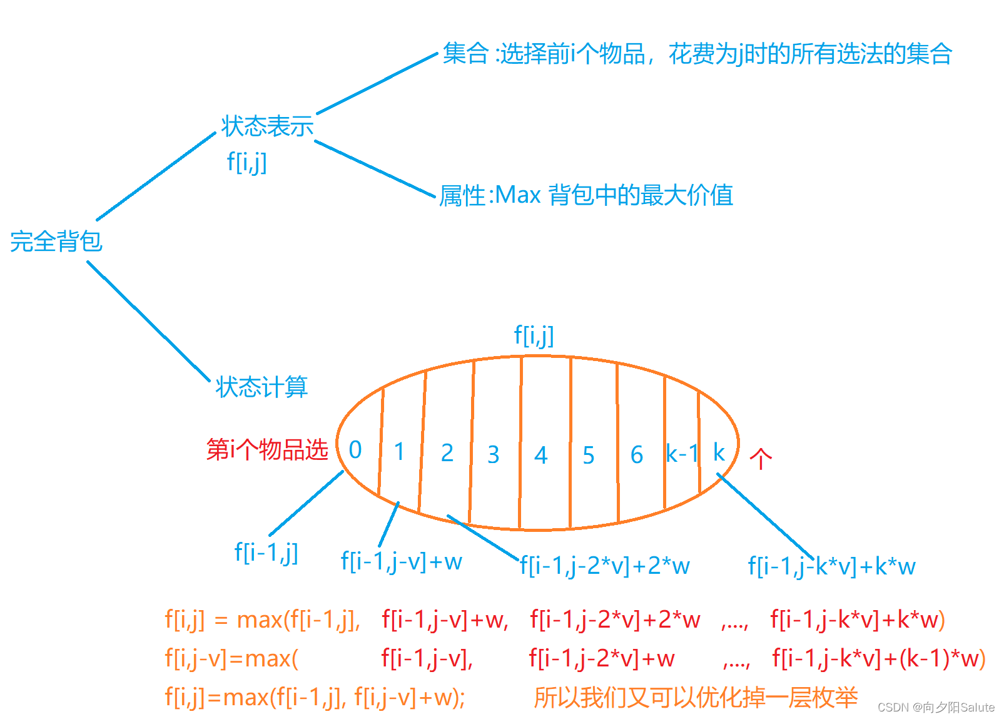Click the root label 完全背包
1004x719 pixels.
pos(56,242)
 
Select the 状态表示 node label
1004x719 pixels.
pos(267,126)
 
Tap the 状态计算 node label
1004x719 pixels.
pos(261,387)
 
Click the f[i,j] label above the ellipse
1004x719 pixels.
pos(534,335)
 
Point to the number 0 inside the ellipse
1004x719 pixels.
pos(355,449)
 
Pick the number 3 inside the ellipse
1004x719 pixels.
pos(494,454)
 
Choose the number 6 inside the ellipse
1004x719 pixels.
pos(637,455)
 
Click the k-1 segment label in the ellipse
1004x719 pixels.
pos(681,453)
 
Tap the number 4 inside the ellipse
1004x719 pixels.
pos(541,455)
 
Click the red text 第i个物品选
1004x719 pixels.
pos(267,449)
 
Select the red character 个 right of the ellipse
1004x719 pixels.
pos(761,459)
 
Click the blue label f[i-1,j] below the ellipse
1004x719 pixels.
pos(266,553)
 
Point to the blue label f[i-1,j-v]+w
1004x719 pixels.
pos(402,561)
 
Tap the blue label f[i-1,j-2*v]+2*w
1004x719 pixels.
pos(605,566)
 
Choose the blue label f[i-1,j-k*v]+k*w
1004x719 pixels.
pos(831,566)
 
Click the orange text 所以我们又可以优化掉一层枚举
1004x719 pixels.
pos(695,697)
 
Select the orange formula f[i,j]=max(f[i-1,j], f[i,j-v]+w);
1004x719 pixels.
pos(315,696)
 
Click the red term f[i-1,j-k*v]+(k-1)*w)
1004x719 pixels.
pos(879,658)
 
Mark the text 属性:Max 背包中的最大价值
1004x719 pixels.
pos(586,195)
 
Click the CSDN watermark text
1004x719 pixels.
pos(936,707)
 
